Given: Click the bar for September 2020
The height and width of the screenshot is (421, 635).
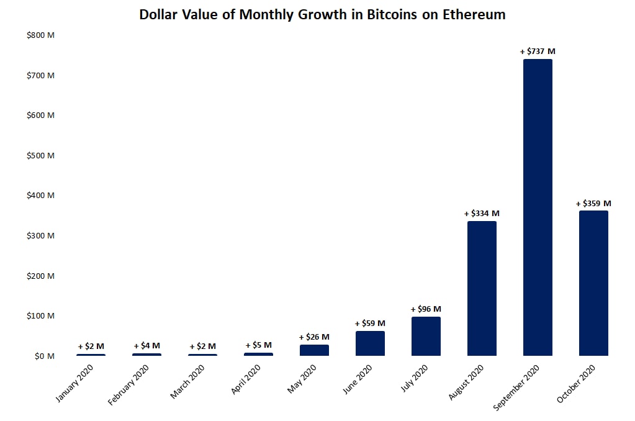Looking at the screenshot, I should pos(538,207).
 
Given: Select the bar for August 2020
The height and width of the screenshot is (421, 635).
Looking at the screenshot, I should pos(482,288).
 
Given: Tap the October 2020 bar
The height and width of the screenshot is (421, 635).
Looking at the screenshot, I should pos(593,283).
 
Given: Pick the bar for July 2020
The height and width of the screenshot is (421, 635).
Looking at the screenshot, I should pos(426,336).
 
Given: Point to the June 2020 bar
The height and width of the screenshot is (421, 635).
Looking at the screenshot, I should pos(370,343).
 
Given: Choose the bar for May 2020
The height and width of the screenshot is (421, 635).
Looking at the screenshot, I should pos(314,350).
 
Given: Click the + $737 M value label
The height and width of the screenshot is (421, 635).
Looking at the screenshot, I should pos(538,52).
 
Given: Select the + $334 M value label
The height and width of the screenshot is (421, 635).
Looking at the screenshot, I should pos(482,214).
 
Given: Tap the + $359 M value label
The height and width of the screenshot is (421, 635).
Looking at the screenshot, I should pos(593,203).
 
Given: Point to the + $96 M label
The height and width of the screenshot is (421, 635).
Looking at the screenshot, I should pos(426,309).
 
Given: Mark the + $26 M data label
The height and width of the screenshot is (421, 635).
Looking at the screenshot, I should pos(314,337).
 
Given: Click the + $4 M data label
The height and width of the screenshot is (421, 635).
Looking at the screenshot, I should pos(146,346).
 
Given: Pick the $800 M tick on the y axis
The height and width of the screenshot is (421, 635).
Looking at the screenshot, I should pos(40,35).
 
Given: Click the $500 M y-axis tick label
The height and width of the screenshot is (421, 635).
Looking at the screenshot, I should pos(40,155).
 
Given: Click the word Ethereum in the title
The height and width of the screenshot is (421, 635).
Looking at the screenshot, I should pos(474,14).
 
